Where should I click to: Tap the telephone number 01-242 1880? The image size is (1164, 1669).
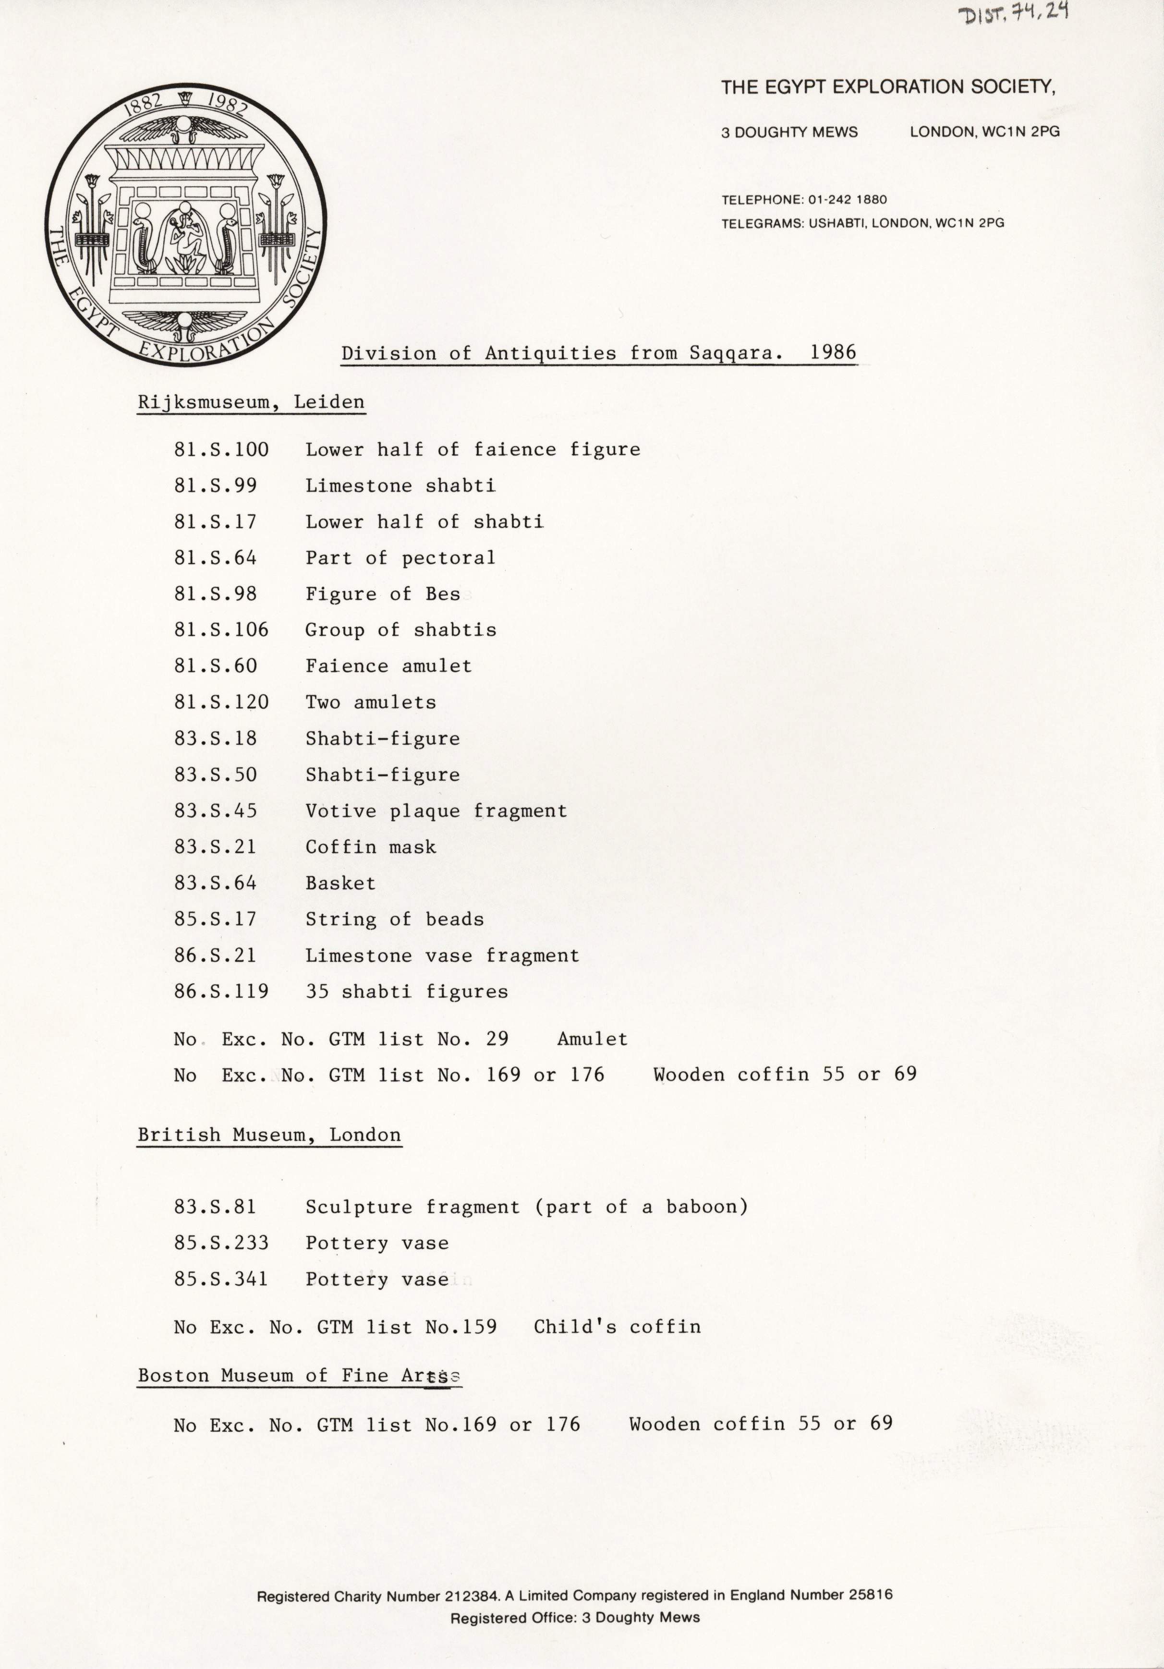(x=847, y=199)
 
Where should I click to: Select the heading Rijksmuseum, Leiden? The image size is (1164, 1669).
(x=251, y=402)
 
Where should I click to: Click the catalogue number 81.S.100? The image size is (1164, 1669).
(x=221, y=450)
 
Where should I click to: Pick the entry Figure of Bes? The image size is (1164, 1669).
(x=382, y=594)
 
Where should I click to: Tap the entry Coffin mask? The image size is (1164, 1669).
(x=370, y=847)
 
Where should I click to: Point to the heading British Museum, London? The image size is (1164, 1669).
(x=269, y=1135)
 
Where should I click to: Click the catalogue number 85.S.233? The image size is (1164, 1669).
(x=221, y=1243)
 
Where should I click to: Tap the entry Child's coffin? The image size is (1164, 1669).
(x=617, y=1327)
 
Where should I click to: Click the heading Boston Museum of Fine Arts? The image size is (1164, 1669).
(x=299, y=1375)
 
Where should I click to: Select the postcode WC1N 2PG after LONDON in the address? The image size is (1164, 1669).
(x=1021, y=132)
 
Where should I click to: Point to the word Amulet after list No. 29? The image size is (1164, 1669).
(x=592, y=1040)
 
